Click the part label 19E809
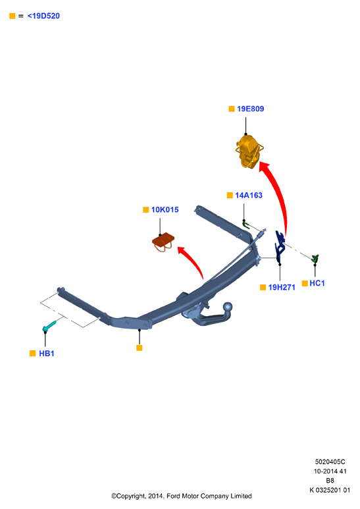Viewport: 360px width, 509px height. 250,109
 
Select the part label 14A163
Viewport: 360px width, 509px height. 248,195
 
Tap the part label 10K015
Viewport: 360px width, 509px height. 165,209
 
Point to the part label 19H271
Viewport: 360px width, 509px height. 282,287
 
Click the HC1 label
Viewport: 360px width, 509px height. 317,283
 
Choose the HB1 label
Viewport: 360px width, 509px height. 46,354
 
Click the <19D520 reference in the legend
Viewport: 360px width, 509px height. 43,16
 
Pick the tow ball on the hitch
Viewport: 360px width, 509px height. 228,307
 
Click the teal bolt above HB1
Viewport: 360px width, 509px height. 49,326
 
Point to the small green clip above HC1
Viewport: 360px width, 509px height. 315,259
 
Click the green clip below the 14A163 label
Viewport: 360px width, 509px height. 246,224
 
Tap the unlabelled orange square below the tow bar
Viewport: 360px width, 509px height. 139,348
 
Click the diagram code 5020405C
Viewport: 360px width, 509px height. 330,462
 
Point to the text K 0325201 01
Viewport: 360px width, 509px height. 330,490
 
